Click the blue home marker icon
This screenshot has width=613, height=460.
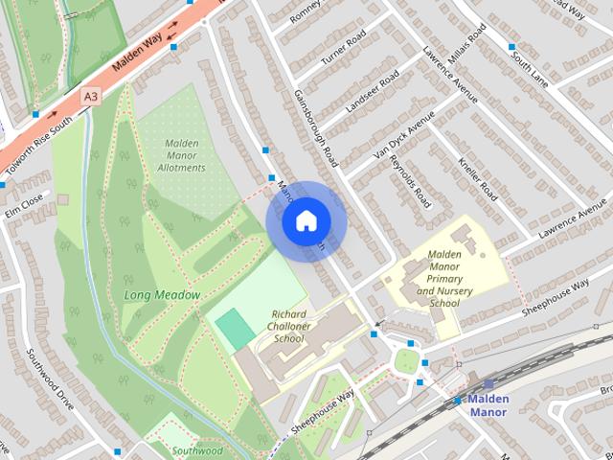tap(305, 221)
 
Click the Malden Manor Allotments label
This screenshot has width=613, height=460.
tap(181, 155)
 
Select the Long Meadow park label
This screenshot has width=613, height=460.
tap(161, 295)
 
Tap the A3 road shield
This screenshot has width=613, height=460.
tap(90, 96)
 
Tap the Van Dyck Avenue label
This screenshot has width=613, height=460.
tap(403, 140)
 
